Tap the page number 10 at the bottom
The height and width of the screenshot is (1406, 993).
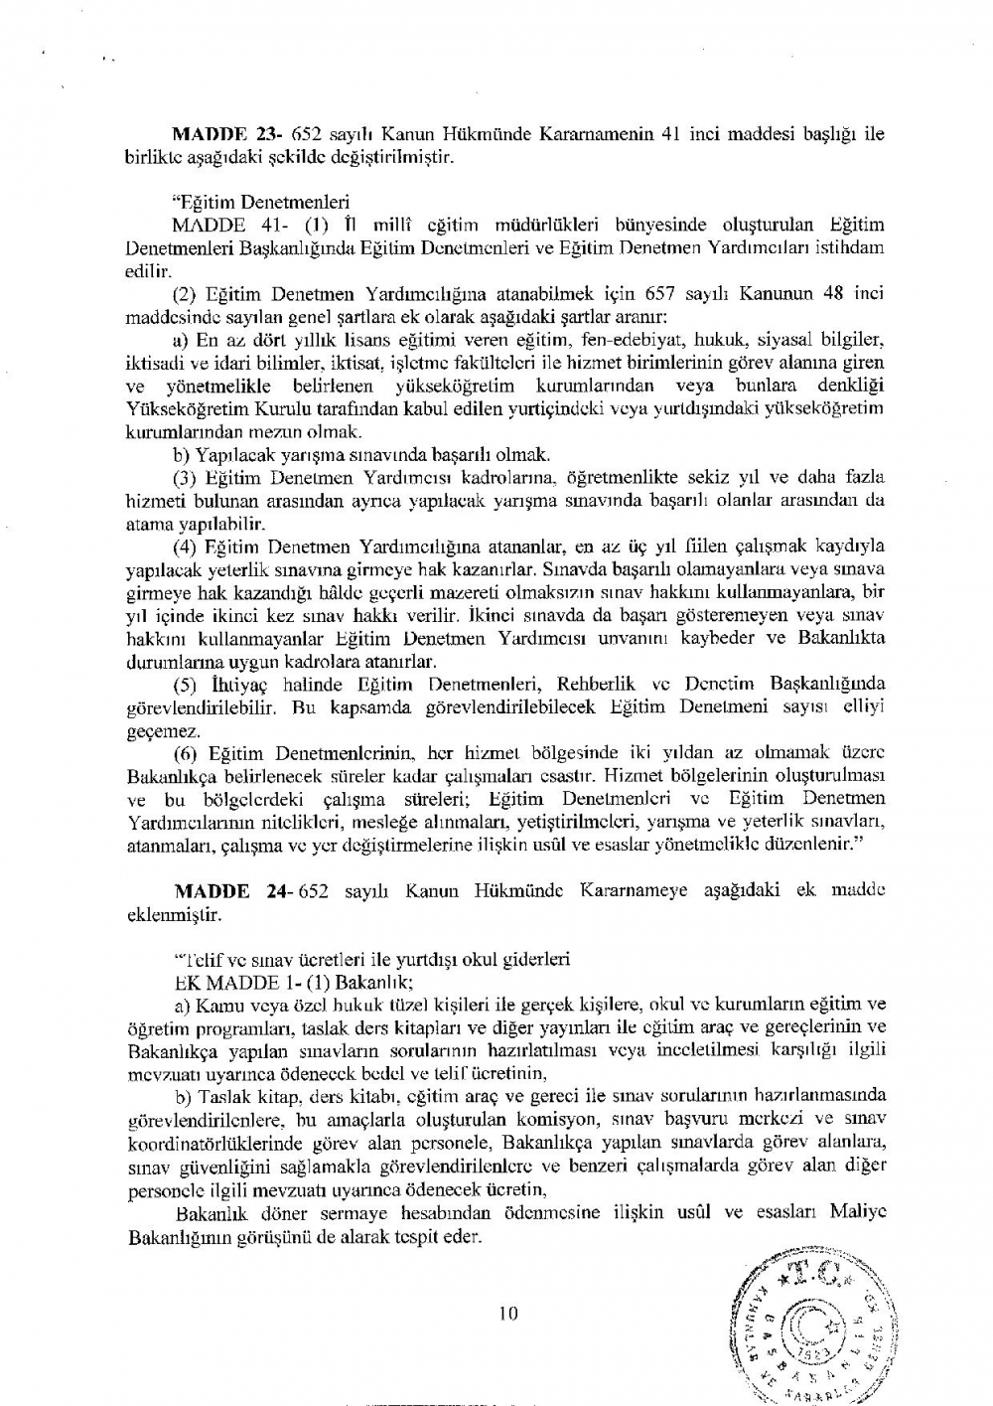click(508, 1314)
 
